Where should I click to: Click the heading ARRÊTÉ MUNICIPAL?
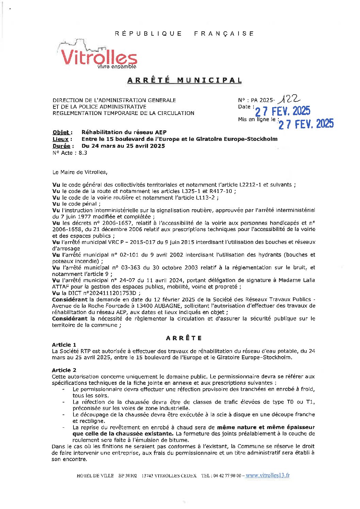184,80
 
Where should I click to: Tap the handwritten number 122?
289,99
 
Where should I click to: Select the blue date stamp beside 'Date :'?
283,111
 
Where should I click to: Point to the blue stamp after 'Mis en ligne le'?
306,124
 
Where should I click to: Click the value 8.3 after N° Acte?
83,153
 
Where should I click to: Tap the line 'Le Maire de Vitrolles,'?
80,172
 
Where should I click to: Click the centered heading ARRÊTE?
184,338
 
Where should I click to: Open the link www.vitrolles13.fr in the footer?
267,475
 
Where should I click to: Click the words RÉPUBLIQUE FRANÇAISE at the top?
184,33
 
